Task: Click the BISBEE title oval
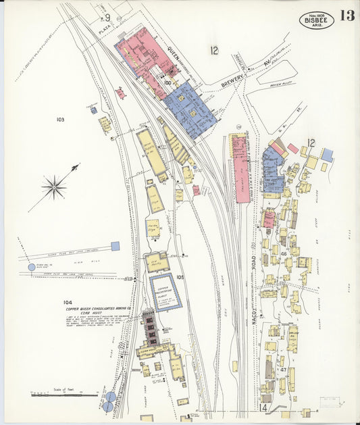(315, 20)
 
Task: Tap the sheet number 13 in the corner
(348, 16)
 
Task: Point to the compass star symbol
(54, 186)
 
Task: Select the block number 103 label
(60, 120)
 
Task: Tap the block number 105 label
(180, 277)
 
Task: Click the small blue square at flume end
(115, 246)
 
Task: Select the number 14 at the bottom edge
(264, 408)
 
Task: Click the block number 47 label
(284, 370)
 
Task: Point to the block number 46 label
(284, 254)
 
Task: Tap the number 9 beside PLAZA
(107, 17)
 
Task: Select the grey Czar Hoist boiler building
(149, 326)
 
